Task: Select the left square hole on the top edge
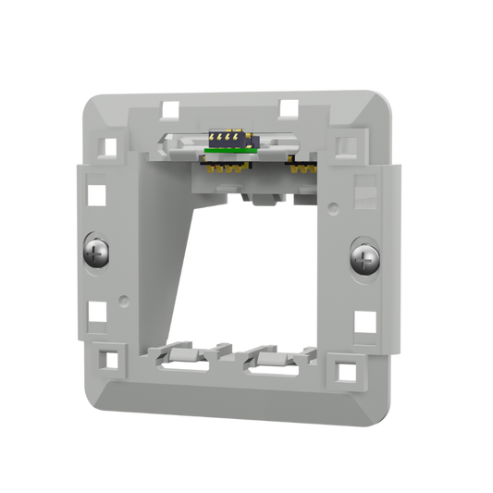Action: pos(169,108)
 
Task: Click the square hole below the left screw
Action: pos(95,307)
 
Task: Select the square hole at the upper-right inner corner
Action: pos(346,147)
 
